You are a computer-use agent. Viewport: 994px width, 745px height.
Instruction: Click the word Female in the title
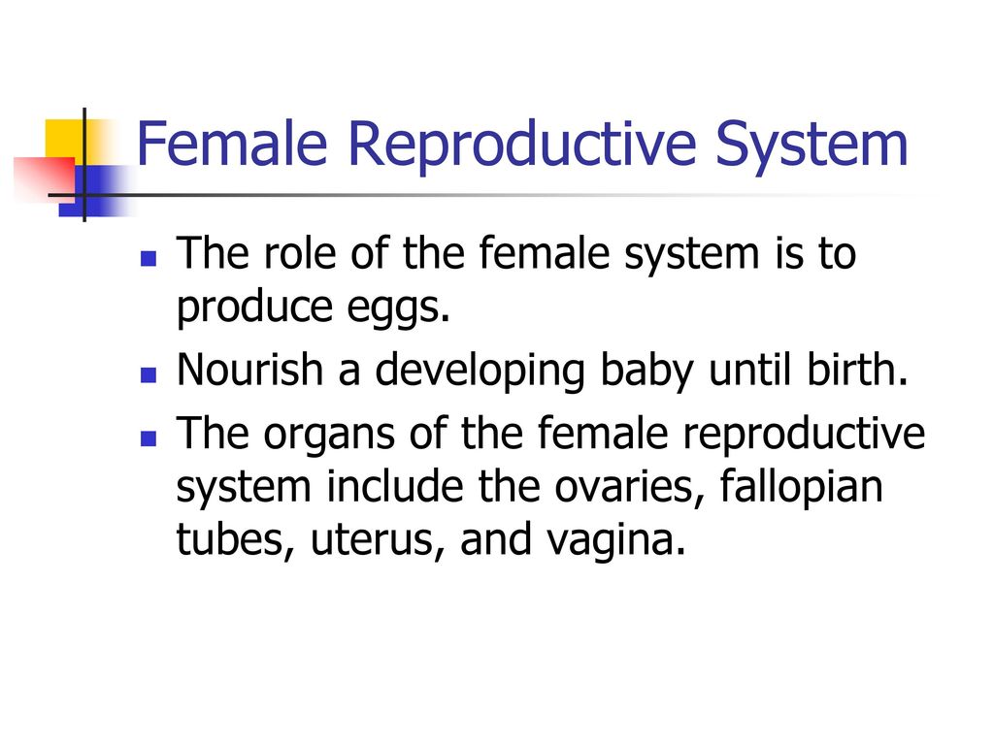tap(232, 144)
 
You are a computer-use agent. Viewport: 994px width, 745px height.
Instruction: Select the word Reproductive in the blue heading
tap(521, 147)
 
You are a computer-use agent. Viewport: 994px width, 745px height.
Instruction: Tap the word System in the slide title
tap(812, 148)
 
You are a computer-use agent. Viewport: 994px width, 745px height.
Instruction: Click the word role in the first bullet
tap(299, 253)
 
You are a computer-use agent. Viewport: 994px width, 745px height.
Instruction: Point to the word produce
tap(254, 308)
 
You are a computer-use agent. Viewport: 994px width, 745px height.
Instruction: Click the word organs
tap(329, 436)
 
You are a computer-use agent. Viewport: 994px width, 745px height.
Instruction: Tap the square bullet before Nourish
tap(149, 375)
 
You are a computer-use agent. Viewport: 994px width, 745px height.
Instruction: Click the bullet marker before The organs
tap(149, 439)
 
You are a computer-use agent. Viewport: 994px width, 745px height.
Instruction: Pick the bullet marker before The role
tap(149, 258)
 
